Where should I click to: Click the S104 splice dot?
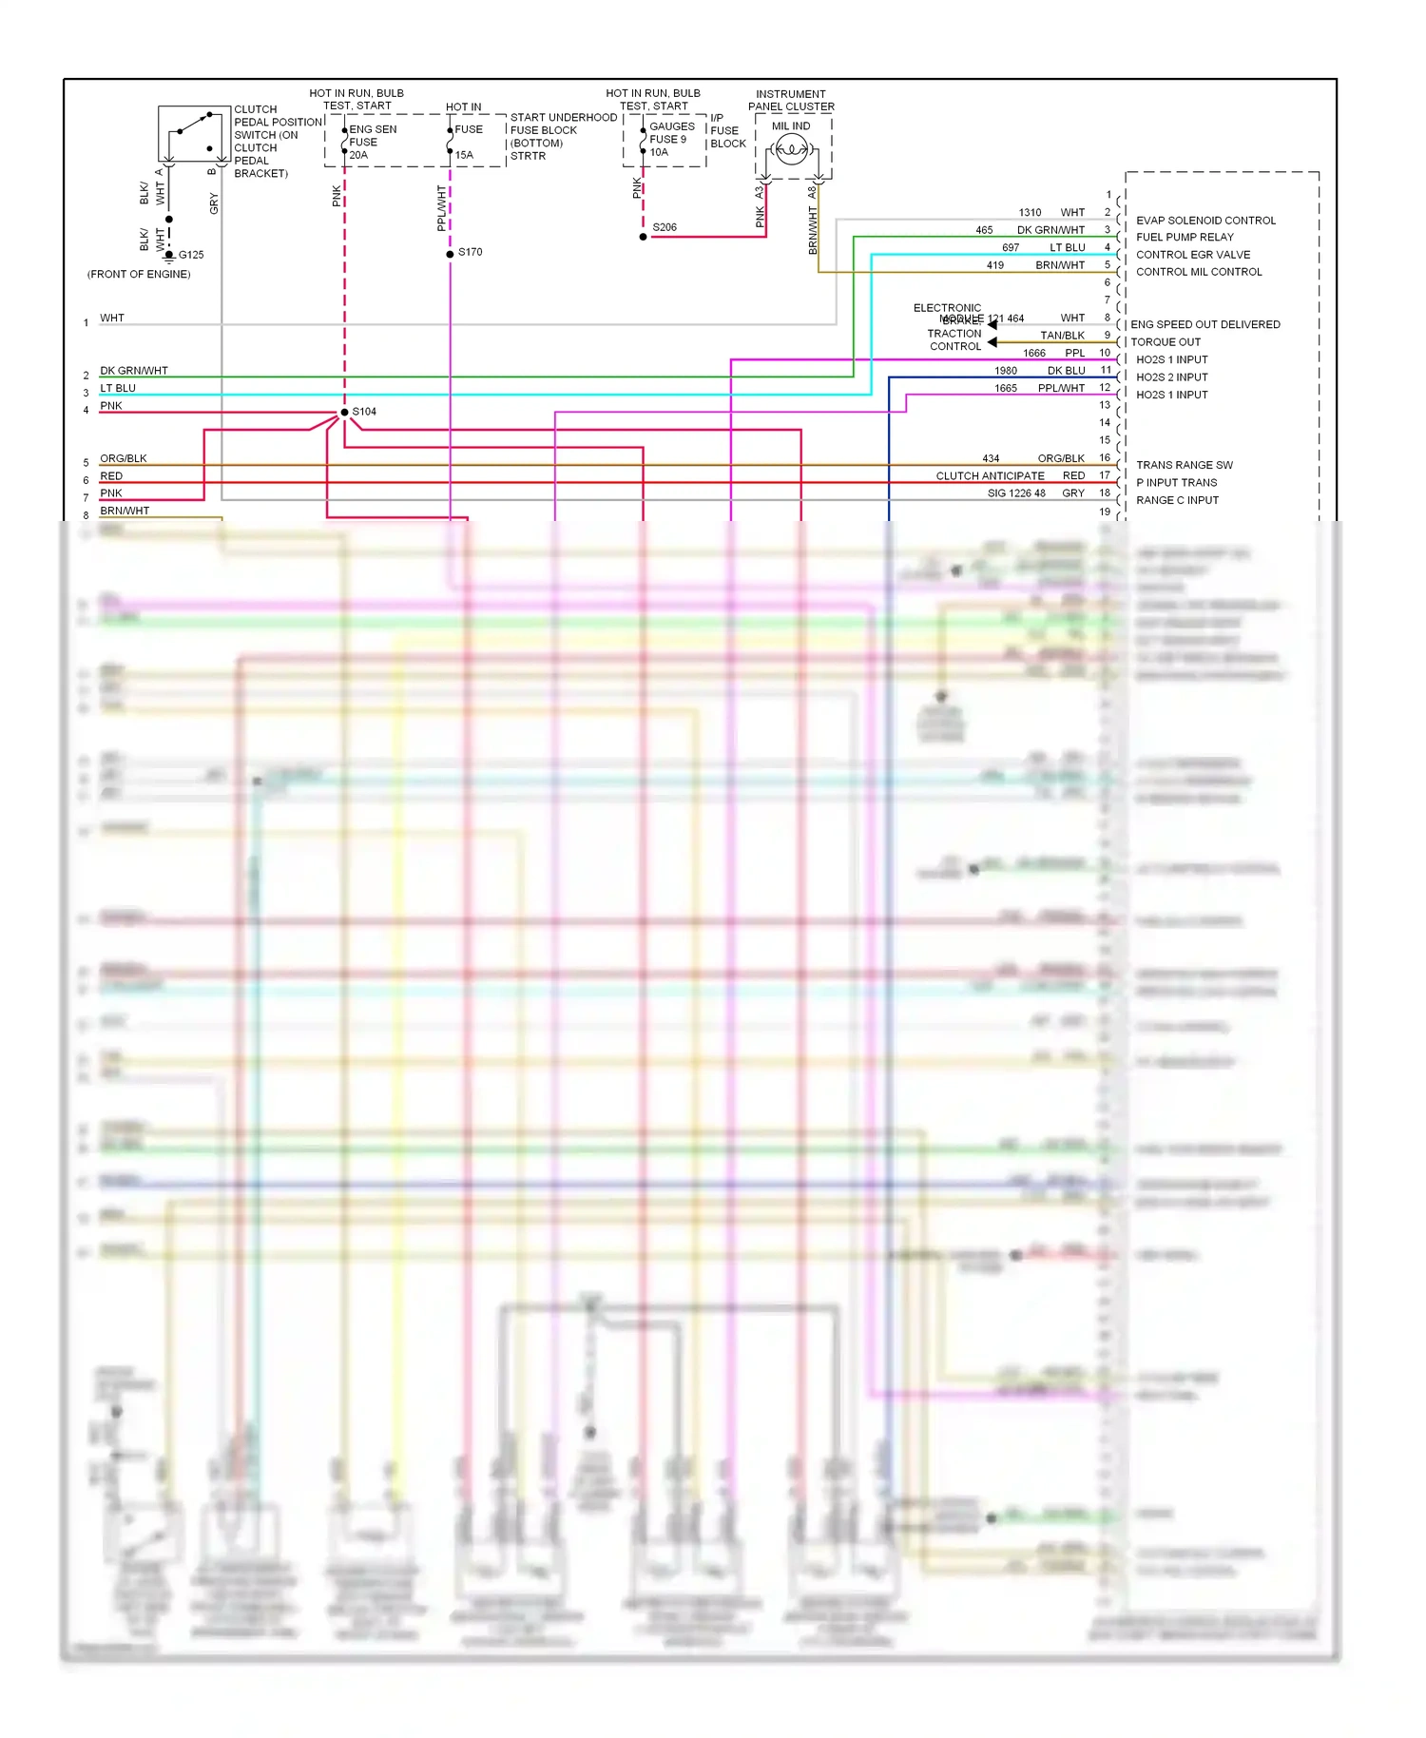[x=344, y=413]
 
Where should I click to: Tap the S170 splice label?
[x=470, y=252]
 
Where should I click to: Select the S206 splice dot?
[x=644, y=237]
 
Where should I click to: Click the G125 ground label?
[x=191, y=255]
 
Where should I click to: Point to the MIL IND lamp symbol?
[x=791, y=149]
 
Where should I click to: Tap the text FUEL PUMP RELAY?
[x=1185, y=237]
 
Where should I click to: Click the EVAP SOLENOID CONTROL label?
[x=1205, y=220]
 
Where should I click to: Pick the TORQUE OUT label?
[x=1166, y=341]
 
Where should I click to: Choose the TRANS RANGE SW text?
[x=1184, y=465]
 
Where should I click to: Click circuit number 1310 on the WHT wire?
[x=1030, y=212]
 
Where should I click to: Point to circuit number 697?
[x=1011, y=247]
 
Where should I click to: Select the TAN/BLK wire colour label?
[x=1062, y=336]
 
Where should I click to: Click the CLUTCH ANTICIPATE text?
[x=990, y=475]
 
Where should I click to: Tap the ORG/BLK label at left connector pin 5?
[x=124, y=458]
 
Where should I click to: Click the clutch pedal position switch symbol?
[x=194, y=134]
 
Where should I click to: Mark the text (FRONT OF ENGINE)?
[x=139, y=274]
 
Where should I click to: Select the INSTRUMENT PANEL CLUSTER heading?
[x=791, y=100]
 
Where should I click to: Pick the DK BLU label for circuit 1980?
[x=1066, y=371]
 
